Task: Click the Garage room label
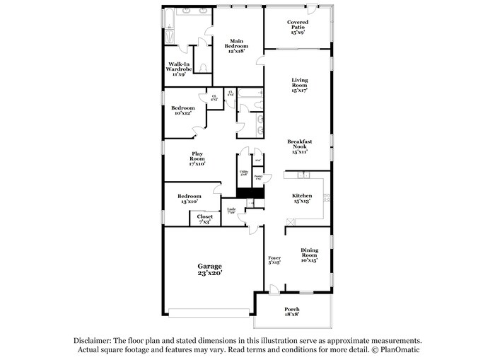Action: [209, 269]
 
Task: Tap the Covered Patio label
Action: [297, 27]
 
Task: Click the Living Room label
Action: [300, 85]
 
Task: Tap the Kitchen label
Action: [303, 199]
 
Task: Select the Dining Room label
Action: [309, 255]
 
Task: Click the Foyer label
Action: [274, 260]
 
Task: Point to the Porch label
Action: [292, 312]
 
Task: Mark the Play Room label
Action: [197, 158]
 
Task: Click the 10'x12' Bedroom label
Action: [182, 111]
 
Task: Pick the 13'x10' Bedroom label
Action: [189, 199]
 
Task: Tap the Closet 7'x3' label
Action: [204, 219]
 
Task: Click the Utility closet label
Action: [243, 172]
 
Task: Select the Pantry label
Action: [258, 178]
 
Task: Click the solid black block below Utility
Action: [250, 193]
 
